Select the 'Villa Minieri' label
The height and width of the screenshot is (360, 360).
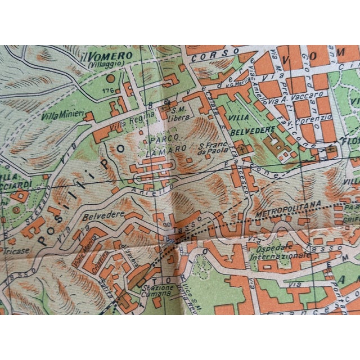coord(62,116)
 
